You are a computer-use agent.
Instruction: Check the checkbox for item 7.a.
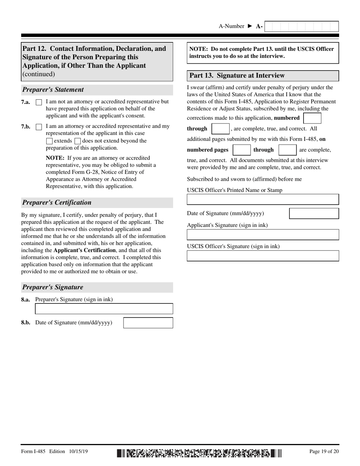(x=39, y=102)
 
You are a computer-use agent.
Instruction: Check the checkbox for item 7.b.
(x=39, y=127)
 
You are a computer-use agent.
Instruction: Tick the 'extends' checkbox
(x=49, y=141)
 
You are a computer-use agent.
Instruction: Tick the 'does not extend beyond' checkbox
(x=78, y=141)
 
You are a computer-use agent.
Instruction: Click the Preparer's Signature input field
(x=104, y=309)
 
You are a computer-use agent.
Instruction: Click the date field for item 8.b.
(x=148, y=323)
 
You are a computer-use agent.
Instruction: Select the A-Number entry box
(x=301, y=27)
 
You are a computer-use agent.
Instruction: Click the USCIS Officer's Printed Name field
(x=263, y=199)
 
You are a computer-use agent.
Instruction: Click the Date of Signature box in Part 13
(x=314, y=213)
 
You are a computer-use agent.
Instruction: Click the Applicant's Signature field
(x=263, y=235)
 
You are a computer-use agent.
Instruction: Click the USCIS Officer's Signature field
(x=263, y=256)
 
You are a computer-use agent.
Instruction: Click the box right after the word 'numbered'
(x=312, y=118)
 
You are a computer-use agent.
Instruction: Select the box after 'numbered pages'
(x=241, y=150)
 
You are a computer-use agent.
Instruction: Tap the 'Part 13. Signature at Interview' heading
(x=237, y=76)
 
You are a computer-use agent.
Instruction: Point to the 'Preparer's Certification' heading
(x=57, y=203)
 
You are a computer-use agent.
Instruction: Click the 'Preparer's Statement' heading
(x=53, y=90)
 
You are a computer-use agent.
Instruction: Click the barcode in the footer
(x=199, y=453)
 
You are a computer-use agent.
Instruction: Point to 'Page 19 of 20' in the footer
(x=324, y=451)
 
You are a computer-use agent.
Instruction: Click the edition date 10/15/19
(x=79, y=451)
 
